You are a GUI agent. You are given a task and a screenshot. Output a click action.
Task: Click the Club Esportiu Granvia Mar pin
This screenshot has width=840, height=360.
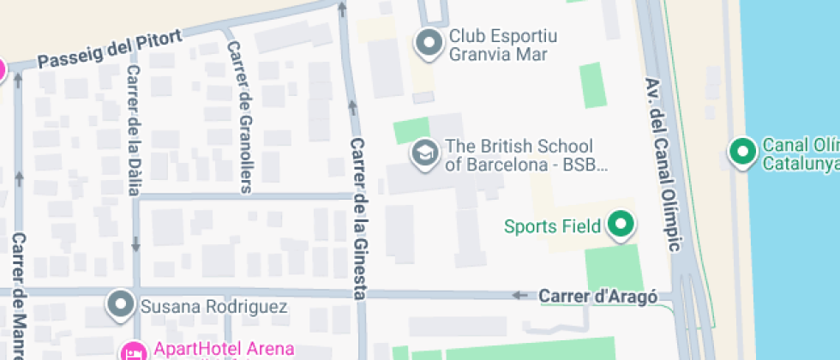coord(428,42)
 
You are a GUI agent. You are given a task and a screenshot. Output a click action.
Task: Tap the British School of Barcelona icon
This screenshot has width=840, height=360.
coord(423,153)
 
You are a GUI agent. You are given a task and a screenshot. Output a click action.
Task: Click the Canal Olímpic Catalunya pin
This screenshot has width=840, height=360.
coord(741,152)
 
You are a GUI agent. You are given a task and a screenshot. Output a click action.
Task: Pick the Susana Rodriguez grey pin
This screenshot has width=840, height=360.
coord(121,304)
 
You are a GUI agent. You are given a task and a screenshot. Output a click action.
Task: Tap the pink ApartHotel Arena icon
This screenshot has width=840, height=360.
coord(133,351)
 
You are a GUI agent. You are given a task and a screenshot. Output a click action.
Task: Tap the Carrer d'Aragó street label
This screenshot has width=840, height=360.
coord(597,297)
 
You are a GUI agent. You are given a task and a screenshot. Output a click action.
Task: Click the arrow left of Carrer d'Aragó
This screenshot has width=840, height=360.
coord(520,296)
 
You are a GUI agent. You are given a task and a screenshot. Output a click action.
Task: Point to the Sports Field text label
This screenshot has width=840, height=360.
coord(552,226)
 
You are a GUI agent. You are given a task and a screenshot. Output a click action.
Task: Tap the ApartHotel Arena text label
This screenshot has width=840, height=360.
coord(224,349)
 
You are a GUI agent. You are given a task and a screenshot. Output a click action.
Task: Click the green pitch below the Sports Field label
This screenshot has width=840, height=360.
coord(613,267)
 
